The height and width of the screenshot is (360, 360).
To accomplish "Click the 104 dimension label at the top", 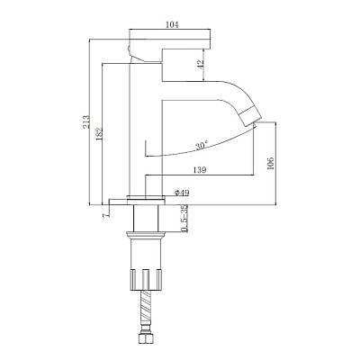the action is [172, 24].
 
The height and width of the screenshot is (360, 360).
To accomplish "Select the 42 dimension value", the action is [201, 63].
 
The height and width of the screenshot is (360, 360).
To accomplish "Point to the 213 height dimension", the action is [86, 121].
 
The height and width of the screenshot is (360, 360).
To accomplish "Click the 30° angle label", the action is [202, 146].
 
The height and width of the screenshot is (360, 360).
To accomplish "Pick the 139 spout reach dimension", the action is [200, 170].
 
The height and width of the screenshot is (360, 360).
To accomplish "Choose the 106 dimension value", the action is [271, 163].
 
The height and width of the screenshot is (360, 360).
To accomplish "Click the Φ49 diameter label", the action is [182, 193].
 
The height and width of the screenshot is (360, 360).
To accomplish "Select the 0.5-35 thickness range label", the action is [184, 219].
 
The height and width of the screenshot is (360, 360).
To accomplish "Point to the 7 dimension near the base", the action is [104, 215].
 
